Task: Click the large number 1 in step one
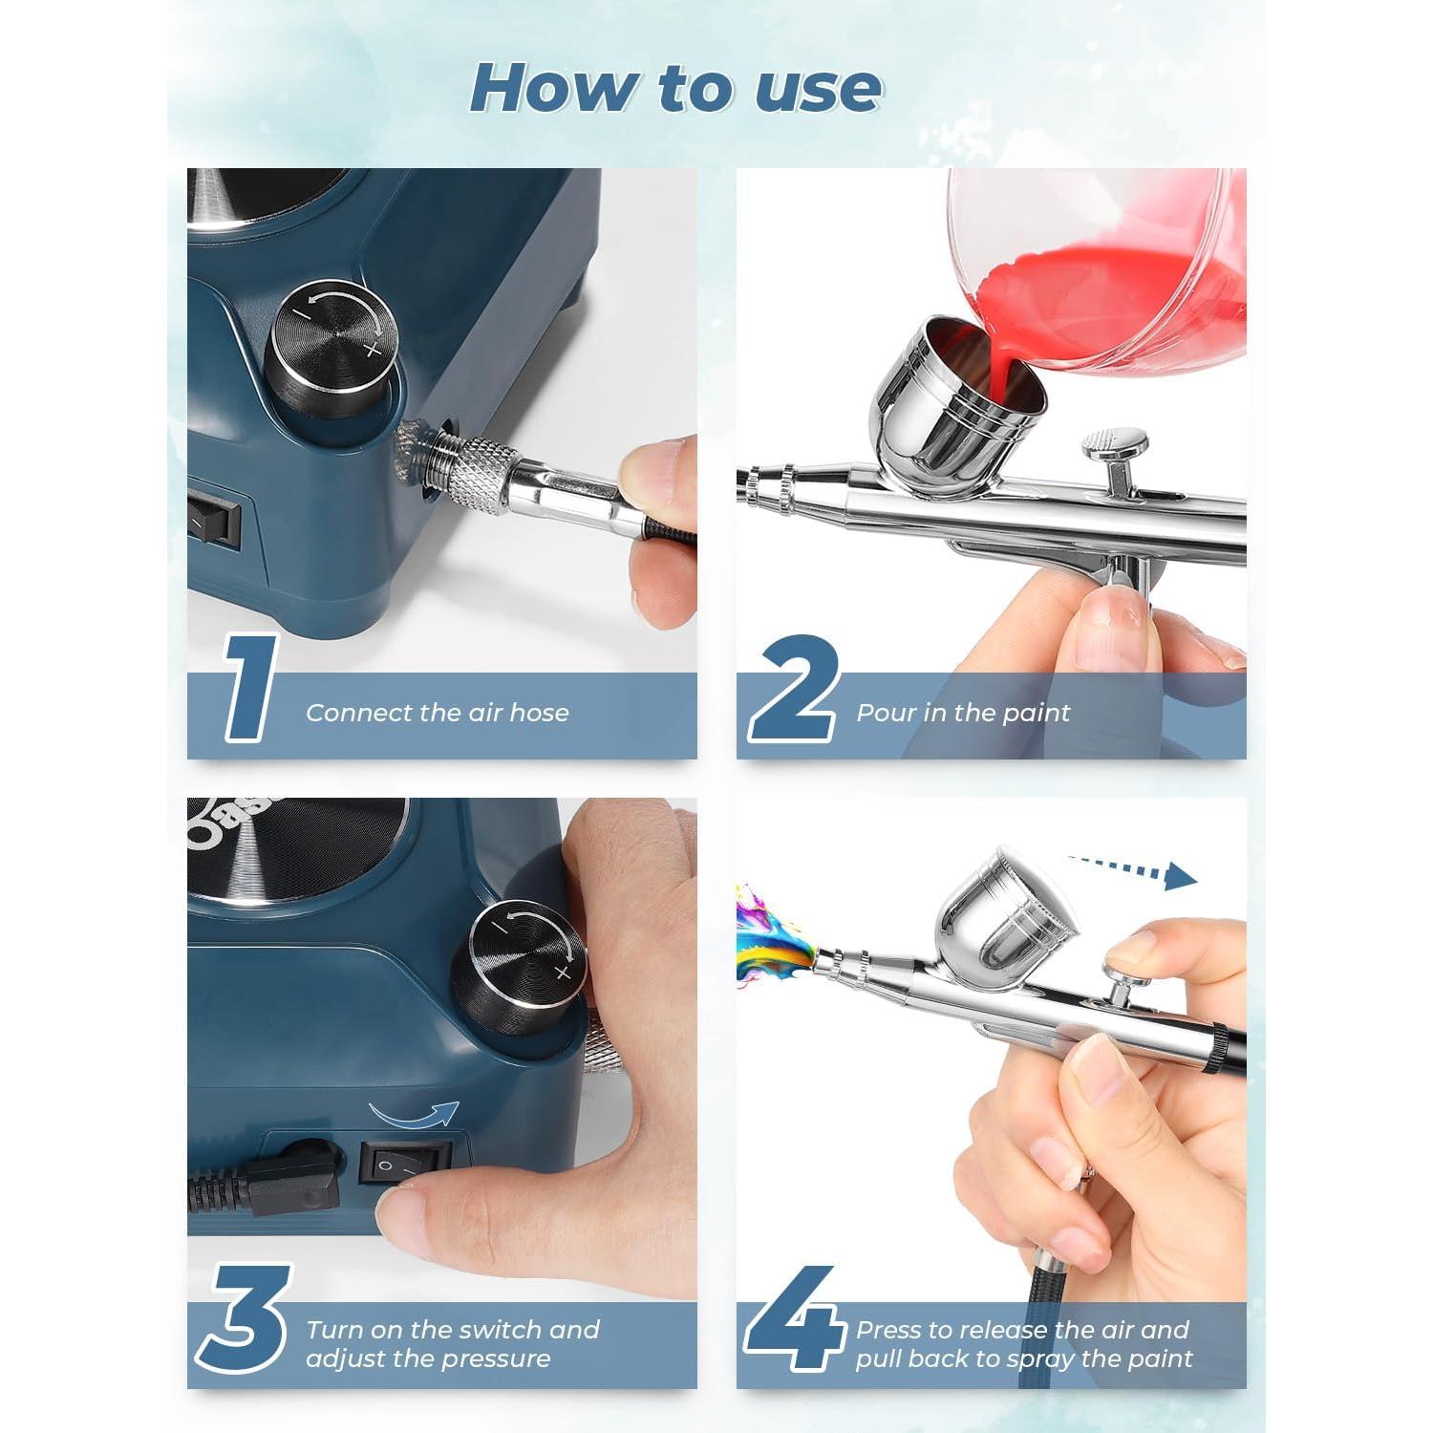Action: tap(250, 688)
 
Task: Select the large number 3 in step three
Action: tap(244, 1318)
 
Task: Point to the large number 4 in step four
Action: tap(795, 1318)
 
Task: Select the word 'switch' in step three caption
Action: tap(501, 1330)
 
